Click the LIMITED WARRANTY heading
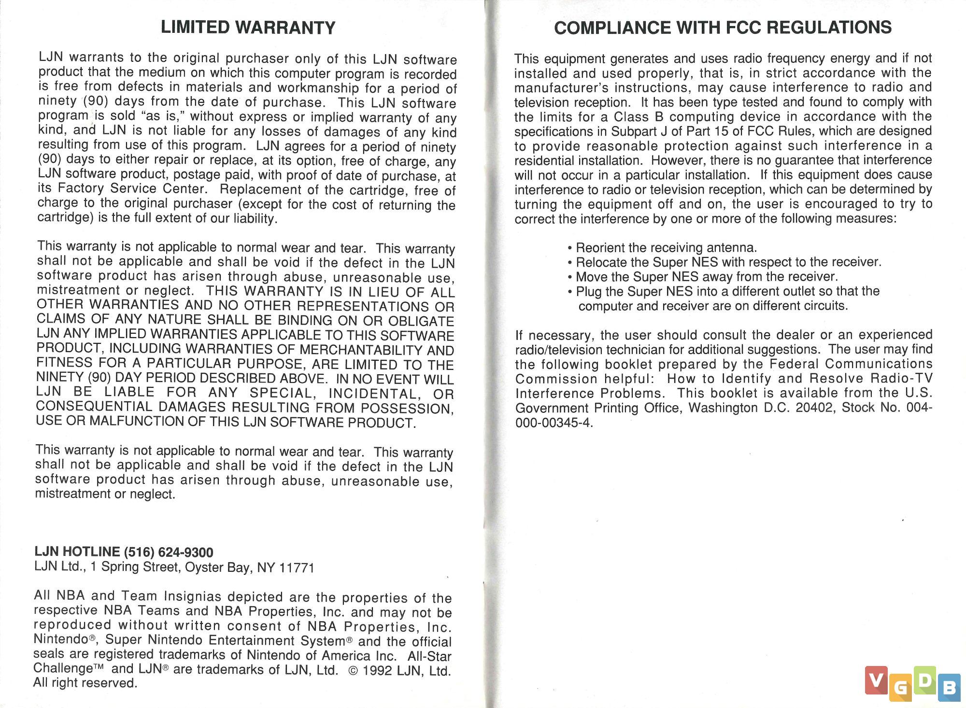(248, 28)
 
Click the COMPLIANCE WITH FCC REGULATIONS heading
(723, 28)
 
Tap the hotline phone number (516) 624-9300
(169, 552)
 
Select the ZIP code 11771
(297, 568)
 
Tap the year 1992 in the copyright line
(378, 671)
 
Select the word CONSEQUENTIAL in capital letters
(95, 407)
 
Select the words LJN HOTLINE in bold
(77, 552)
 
